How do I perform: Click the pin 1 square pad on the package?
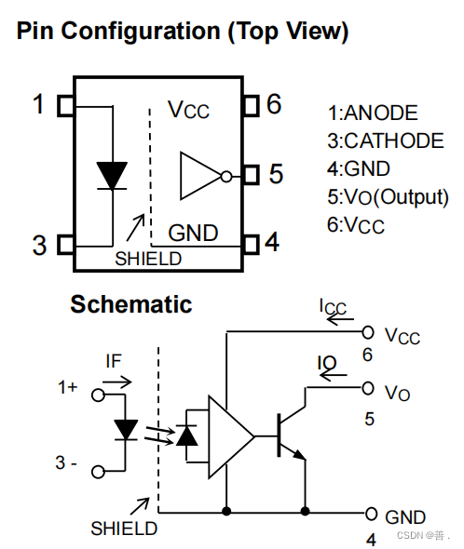pos(66,106)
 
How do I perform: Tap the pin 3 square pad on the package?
pos(66,244)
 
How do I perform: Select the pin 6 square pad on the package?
pos(251,105)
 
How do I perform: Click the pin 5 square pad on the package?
pos(251,175)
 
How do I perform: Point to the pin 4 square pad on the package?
pos(251,244)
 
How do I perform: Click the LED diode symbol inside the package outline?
pos(112,176)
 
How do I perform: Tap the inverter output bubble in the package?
pos(226,177)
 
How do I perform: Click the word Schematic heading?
pos(131,304)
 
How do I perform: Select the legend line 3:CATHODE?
pos(386,141)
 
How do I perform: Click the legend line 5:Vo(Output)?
pos(388,197)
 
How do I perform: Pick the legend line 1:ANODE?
pos(373,113)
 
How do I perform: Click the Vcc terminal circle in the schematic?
pos(367,332)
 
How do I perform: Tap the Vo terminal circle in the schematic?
pos(367,388)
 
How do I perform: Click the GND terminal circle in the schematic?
pos(371,514)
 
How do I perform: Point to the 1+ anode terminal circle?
pos(98,395)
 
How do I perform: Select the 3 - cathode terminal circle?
pos(98,472)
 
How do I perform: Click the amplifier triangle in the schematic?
pos(231,436)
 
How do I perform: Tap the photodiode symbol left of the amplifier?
pos(186,435)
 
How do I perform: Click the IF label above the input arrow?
pos(114,361)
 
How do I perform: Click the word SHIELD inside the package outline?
pos(148,259)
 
